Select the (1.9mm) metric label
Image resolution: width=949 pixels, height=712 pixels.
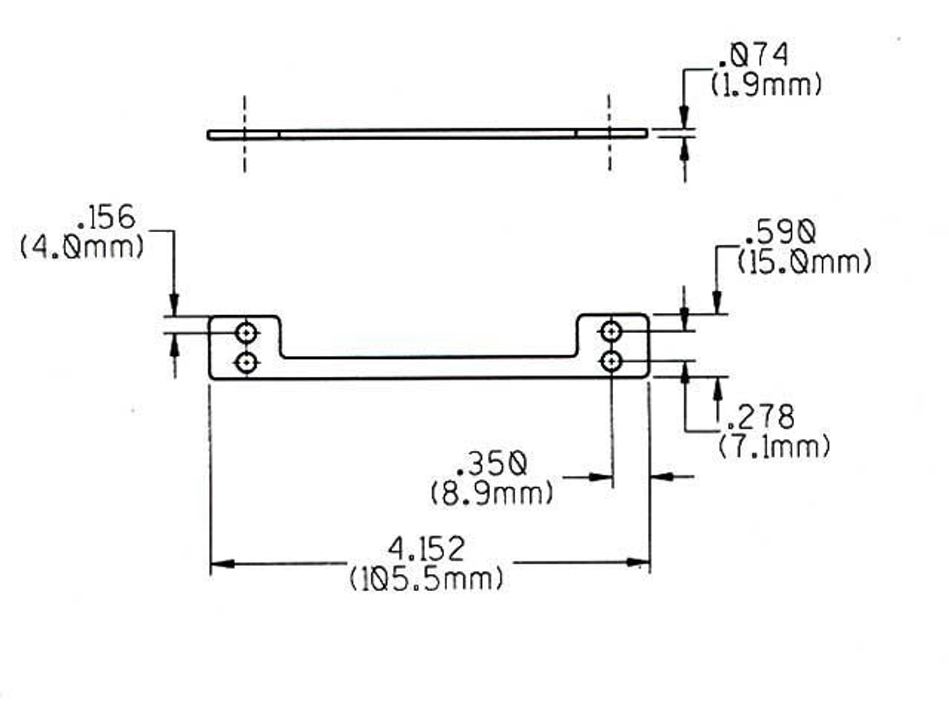point(766,85)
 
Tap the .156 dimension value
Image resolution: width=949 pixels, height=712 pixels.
point(105,218)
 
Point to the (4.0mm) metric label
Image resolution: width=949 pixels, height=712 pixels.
point(82,246)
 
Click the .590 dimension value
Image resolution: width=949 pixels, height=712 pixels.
point(778,233)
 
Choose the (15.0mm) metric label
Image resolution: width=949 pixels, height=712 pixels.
point(804,262)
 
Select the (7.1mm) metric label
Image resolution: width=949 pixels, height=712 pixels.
point(774,446)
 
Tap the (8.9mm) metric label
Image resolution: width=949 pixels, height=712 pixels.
point(492,492)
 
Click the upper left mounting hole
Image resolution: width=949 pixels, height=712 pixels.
point(246,332)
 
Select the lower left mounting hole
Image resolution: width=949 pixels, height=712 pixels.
point(246,362)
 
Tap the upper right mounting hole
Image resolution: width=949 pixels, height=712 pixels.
point(611,330)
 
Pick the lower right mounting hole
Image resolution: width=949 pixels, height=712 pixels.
point(611,360)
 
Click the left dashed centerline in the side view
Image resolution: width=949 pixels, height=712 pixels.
point(244,134)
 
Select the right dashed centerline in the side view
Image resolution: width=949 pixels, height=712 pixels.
point(609,133)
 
